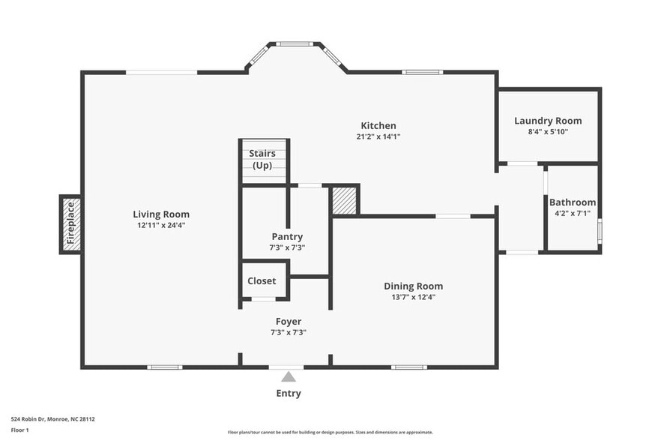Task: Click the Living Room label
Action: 161,214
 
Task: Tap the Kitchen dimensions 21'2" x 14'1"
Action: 378,136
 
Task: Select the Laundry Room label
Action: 548,121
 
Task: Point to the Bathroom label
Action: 573,202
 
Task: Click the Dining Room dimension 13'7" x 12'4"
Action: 413,297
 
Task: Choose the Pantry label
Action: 287,236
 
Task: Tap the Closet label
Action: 262,281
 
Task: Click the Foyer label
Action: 289,322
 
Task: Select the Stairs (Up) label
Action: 262,159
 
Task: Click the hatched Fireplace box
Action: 71,223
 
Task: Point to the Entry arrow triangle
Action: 289,377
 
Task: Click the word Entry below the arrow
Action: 289,393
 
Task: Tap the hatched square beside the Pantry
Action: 344,200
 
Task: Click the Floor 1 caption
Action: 20,430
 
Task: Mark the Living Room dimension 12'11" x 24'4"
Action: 161,225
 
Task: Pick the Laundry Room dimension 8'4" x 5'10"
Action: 548,132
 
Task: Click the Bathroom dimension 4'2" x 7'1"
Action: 573,213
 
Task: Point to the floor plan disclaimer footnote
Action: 330,432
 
